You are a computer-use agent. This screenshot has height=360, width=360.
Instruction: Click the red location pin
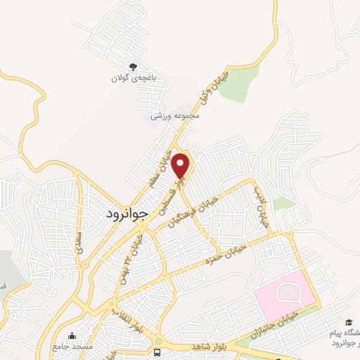coord(181,164)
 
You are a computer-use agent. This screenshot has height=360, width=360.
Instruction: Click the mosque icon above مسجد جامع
coord(72,336)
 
